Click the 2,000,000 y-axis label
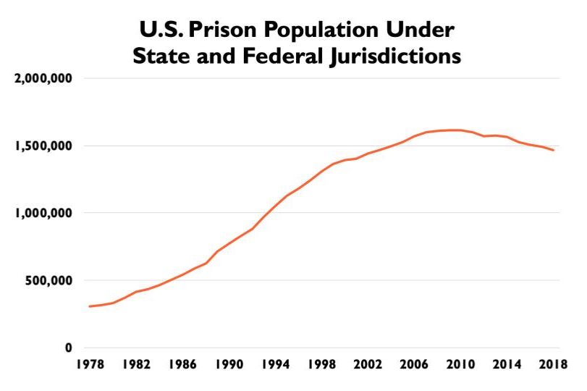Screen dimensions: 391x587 click(x=44, y=78)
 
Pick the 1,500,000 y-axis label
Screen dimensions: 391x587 click(x=44, y=146)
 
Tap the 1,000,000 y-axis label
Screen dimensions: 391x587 click(x=44, y=213)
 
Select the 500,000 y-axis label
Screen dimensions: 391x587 click(x=49, y=280)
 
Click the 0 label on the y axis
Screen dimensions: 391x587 click(x=68, y=348)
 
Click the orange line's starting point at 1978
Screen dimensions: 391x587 click(x=90, y=306)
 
